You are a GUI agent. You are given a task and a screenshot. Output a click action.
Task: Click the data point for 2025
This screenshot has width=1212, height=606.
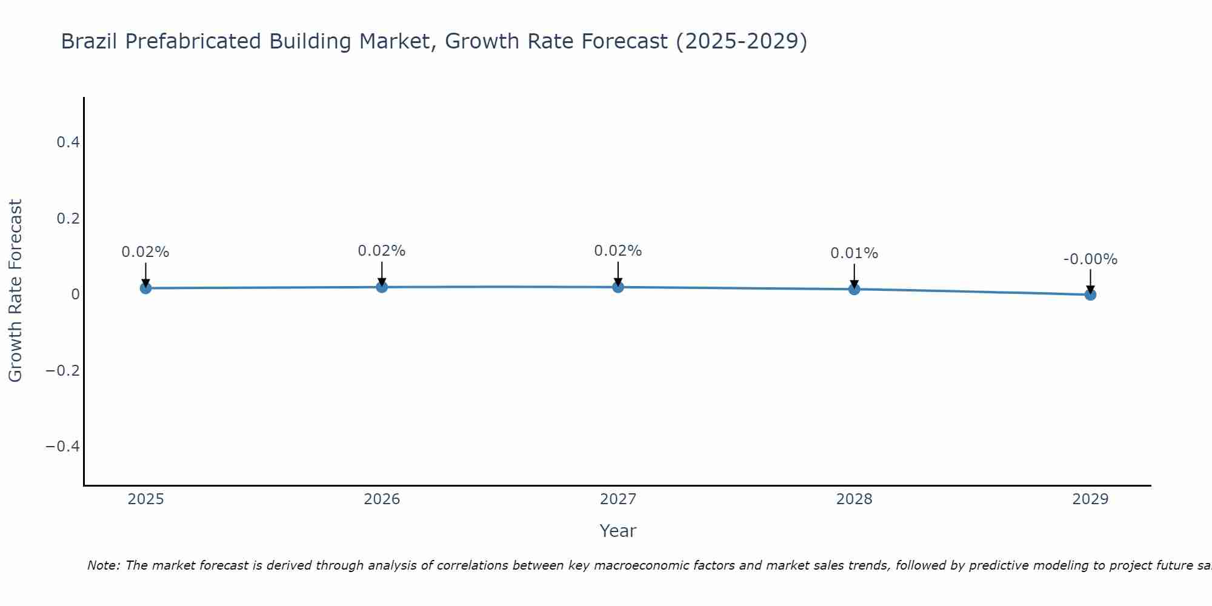145,288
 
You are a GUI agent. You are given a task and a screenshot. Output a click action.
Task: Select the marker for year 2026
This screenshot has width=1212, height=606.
382,287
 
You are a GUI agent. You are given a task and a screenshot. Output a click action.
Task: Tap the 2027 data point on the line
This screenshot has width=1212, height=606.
618,287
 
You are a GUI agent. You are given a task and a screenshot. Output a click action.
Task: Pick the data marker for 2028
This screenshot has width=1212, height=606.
854,289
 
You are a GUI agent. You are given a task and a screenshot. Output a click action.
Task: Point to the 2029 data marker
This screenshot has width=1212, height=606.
1090,295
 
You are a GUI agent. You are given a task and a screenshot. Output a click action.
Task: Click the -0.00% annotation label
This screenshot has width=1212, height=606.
1090,259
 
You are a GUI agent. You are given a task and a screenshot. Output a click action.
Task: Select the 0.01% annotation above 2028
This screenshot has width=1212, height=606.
854,253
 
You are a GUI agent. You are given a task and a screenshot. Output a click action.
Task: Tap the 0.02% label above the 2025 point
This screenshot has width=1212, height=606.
145,252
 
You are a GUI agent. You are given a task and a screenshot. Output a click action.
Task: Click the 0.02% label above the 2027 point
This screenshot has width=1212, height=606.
618,251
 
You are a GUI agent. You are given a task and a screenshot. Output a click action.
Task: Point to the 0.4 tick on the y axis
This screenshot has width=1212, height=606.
68,142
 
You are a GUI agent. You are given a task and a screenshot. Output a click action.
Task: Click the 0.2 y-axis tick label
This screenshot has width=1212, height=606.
68,218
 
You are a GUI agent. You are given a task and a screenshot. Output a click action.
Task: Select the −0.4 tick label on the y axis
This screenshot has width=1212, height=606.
63,447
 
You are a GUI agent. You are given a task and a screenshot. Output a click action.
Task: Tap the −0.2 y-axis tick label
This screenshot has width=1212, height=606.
63,370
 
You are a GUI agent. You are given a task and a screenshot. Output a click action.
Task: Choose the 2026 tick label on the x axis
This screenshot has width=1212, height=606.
382,499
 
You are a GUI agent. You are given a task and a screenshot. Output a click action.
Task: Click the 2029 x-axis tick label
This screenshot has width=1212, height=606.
1090,499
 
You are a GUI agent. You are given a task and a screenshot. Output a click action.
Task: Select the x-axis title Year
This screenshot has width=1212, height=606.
618,531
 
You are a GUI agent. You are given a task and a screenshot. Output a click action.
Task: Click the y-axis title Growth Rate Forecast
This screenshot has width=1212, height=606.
15,291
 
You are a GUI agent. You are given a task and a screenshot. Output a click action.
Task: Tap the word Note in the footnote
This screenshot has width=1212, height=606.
103,565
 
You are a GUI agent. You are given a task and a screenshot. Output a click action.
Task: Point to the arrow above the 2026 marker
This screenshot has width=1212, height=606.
382,273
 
